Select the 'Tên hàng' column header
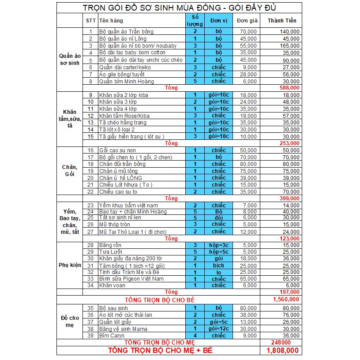(x=111, y=21)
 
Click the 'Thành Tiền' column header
(x=279, y=21)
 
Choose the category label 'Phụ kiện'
(x=70, y=265)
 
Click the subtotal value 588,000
(x=289, y=88)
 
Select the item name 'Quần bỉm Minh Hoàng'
(x=126, y=81)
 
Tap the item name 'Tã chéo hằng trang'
(x=122, y=123)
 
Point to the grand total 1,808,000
(x=282, y=351)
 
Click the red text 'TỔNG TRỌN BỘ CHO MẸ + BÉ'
(x=161, y=351)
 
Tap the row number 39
(x=91, y=336)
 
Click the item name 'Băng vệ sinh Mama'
(x=123, y=329)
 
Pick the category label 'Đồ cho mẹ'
(x=70, y=322)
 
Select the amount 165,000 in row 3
(x=289, y=46)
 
